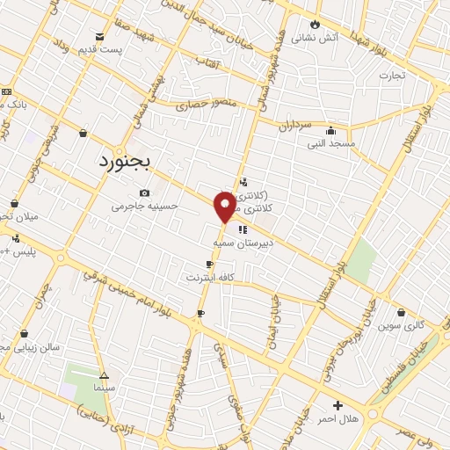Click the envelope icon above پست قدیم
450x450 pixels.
click(x=101, y=36)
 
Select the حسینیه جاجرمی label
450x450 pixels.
click(x=144, y=207)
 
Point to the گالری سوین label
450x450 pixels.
click(x=402, y=325)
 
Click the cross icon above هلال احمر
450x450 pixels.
click(x=337, y=405)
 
